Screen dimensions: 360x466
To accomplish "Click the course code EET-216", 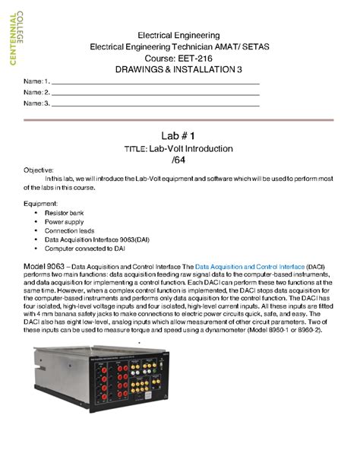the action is (x=195, y=58).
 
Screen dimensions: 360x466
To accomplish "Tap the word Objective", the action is (x=39, y=170).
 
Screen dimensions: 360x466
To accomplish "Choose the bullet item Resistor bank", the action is (x=65, y=214).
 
